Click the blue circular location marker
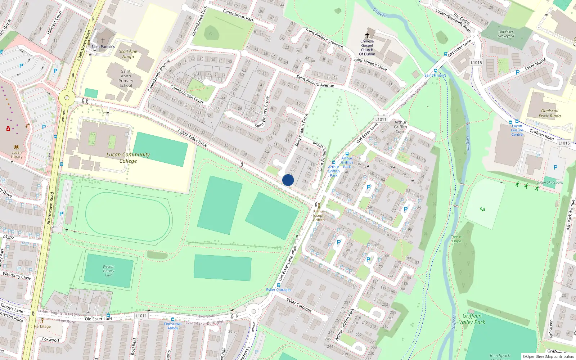[288, 180]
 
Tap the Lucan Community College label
[128, 158]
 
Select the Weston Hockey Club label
[108, 271]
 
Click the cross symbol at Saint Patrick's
[103, 41]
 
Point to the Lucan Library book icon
[17, 147]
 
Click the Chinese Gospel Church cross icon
[367, 35]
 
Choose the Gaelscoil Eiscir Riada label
[549, 113]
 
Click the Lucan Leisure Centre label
[517, 130]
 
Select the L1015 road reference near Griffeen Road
[564, 143]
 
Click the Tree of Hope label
[456, 239]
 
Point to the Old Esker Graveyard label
[506, 34]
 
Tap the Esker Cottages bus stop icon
[278, 285]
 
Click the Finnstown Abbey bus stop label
[172, 326]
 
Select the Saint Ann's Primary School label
[126, 78]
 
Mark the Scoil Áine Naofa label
[128, 54]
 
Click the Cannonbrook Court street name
[186, 94]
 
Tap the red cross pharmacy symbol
[8, 129]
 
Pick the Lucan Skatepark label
[549, 182]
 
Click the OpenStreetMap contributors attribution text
[548, 356]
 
